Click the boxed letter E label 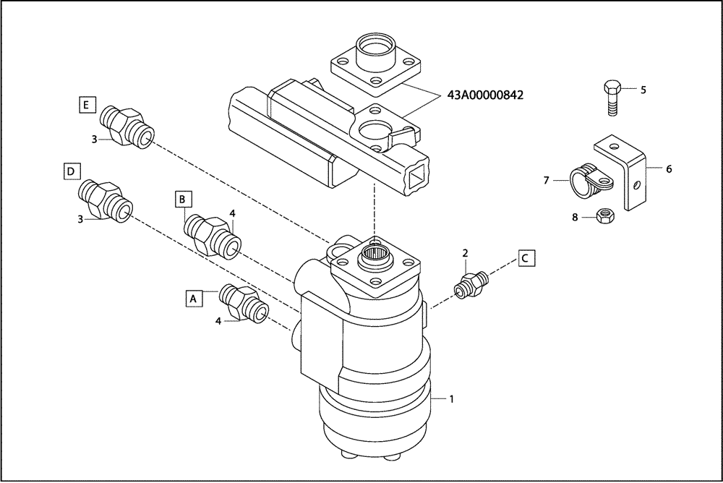tap(86, 106)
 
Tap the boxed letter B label tap(184, 197)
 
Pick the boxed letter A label tap(193, 296)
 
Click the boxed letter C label tap(526, 257)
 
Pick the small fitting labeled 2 tap(469, 283)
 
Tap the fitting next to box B tap(213, 234)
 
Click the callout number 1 tap(452, 398)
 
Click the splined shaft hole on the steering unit tap(375, 255)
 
